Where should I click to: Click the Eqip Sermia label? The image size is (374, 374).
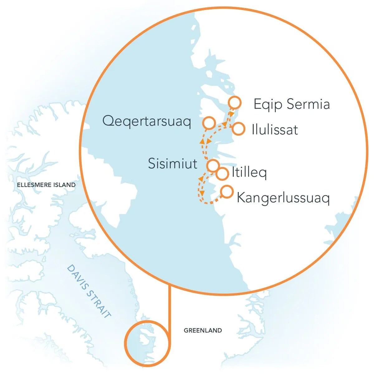tap(291, 104)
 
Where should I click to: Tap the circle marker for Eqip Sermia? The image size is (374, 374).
tap(234, 102)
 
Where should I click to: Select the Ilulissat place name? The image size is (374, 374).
tap(275, 130)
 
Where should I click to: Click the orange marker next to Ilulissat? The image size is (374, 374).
tap(238, 129)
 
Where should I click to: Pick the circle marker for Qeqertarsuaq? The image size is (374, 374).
tap(209, 123)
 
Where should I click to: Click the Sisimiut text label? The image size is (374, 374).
tap(172, 164)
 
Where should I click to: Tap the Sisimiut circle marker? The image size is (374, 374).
tap(213, 165)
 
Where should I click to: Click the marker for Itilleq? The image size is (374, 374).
tap(222, 174)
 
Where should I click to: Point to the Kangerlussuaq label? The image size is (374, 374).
tap(283, 198)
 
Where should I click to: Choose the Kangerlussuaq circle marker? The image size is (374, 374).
tap(227, 192)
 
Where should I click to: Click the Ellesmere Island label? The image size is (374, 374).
tap(46, 185)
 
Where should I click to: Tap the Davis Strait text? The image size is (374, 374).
tap(89, 291)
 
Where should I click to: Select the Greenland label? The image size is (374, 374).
tap(203, 330)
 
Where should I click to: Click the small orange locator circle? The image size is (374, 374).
tap(147, 343)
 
